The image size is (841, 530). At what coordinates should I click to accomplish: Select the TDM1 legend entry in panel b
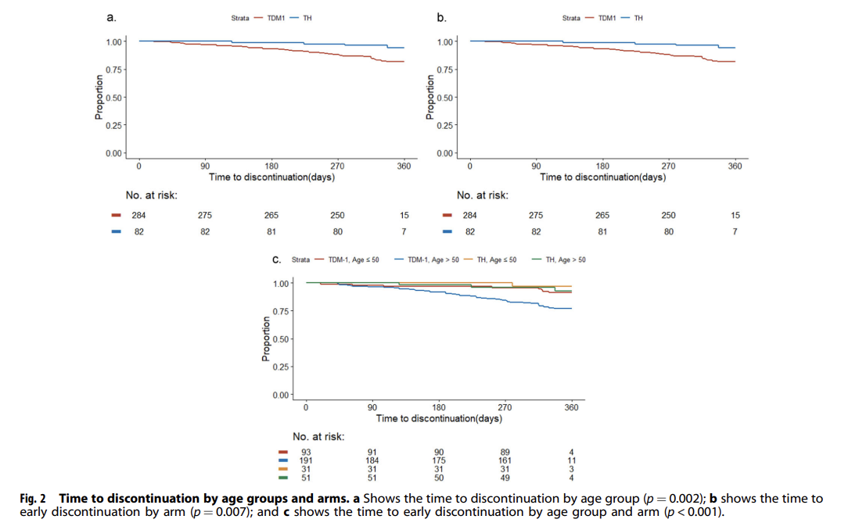tap(606, 17)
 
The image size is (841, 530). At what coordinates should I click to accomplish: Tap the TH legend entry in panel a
tap(307, 17)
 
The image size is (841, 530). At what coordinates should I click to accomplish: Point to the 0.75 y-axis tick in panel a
tap(114, 70)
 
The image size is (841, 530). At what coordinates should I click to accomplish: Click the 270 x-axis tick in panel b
tap(669, 166)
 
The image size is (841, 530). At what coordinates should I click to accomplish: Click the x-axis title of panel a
tap(271, 177)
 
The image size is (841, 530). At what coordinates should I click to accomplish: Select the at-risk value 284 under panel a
tap(138, 215)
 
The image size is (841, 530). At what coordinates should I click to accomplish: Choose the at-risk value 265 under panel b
tap(602, 215)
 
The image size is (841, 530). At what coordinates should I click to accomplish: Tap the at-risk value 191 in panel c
tap(306, 460)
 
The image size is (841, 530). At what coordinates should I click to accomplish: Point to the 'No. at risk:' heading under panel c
tap(318, 437)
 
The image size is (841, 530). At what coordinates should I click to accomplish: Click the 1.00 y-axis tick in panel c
tap(282, 283)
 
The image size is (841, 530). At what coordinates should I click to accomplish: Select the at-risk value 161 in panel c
tap(505, 460)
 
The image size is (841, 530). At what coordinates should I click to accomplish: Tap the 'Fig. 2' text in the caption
tap(32, 498)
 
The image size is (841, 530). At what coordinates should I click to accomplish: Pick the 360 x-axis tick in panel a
tap(404, 166)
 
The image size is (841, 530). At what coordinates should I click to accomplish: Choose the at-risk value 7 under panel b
tap(735, 231)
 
